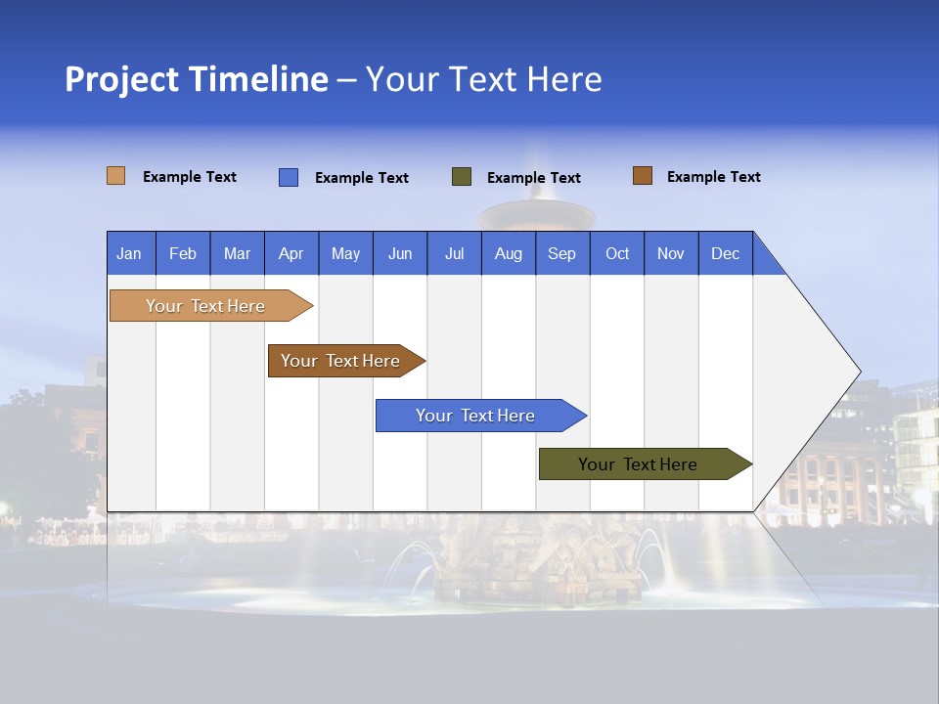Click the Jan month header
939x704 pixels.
coord(130,253)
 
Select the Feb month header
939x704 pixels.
coord(183,253)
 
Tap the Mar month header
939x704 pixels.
coord(237,253)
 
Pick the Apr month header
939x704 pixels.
coord(291,253)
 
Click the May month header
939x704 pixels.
coord(345,253)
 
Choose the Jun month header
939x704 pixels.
coord(400,253)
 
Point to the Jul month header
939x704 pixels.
coord(454,253)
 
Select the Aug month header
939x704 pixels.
coord(509,253)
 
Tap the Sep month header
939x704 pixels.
coord(562,253)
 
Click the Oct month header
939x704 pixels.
coord(617,253)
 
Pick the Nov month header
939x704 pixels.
coord(671,253)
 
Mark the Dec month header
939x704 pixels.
coord(726,253)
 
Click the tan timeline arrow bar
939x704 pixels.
coord(206,306)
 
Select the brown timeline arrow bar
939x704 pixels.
coord(341,361)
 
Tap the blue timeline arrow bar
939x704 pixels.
coord(476,416)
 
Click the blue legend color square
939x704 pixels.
coord(289,177)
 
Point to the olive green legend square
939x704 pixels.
coord(462,177)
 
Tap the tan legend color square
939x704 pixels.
coord(116,176)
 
